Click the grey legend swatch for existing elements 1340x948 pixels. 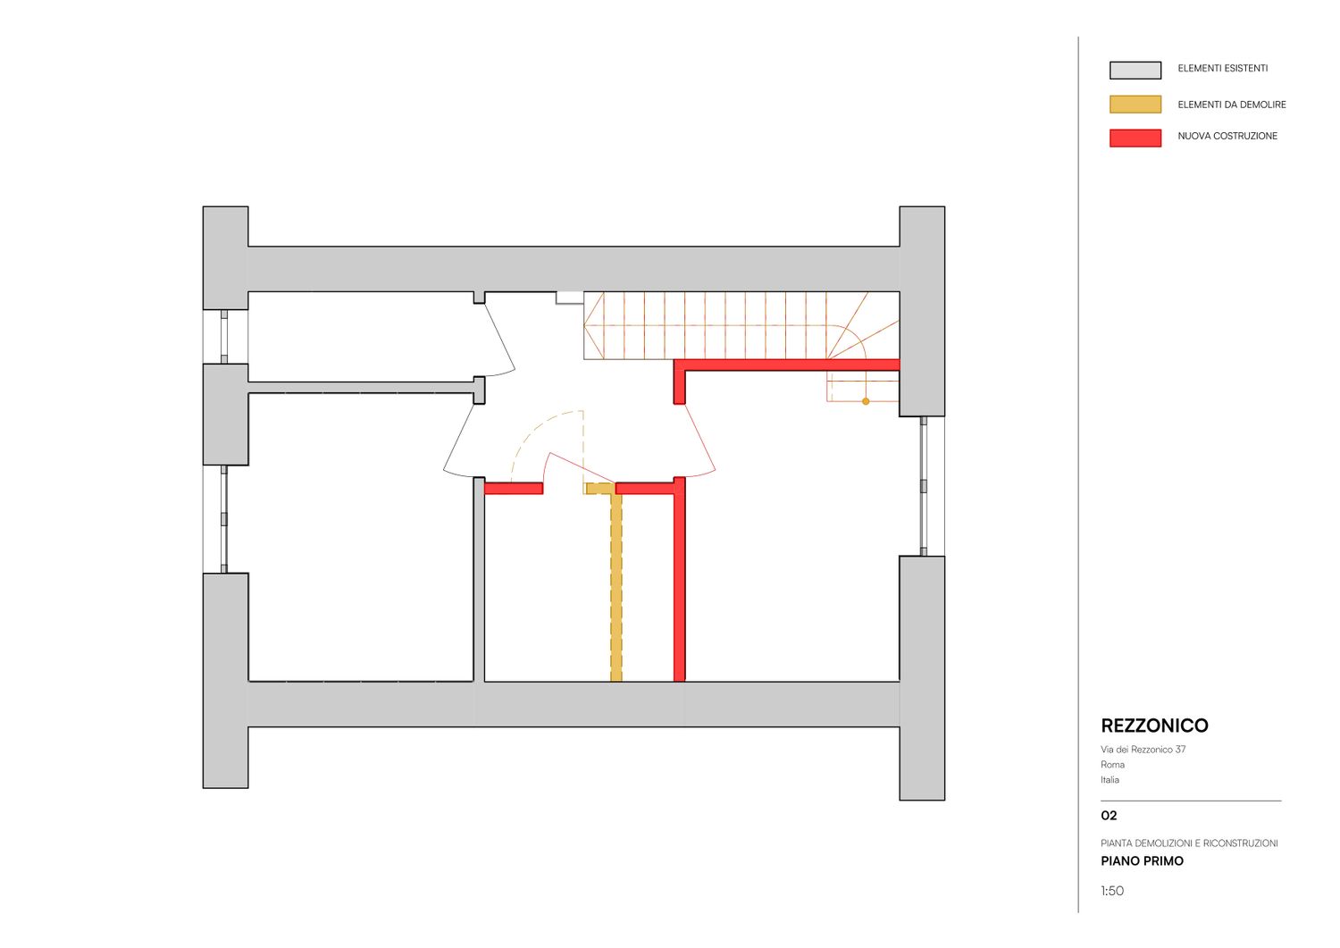tap(1135, 70)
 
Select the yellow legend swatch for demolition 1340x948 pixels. tap(1135, 105)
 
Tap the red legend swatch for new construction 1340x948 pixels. tap(1135, 138)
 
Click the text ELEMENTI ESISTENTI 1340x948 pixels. tap(1222, 68)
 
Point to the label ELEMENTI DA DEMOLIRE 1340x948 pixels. tap(1231, 105)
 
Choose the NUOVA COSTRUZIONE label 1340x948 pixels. tap(1227, 136)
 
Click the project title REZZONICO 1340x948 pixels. tap(1154, 726)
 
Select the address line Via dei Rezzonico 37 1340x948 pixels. tap(1143, 750)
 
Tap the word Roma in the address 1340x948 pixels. tap(1112, 764)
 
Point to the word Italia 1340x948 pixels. tap(1110, 780)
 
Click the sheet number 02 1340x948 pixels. tap(1109, 816)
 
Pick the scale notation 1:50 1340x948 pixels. tap(1112, 891)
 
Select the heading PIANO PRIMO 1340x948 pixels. tap(1142, 861)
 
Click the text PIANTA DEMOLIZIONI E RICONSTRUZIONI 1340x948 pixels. tap(1189, 843)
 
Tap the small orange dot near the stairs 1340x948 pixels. tap(865, 401)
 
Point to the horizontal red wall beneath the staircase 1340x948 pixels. tap(787, 365)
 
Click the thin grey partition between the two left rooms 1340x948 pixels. tap(361, 387)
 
